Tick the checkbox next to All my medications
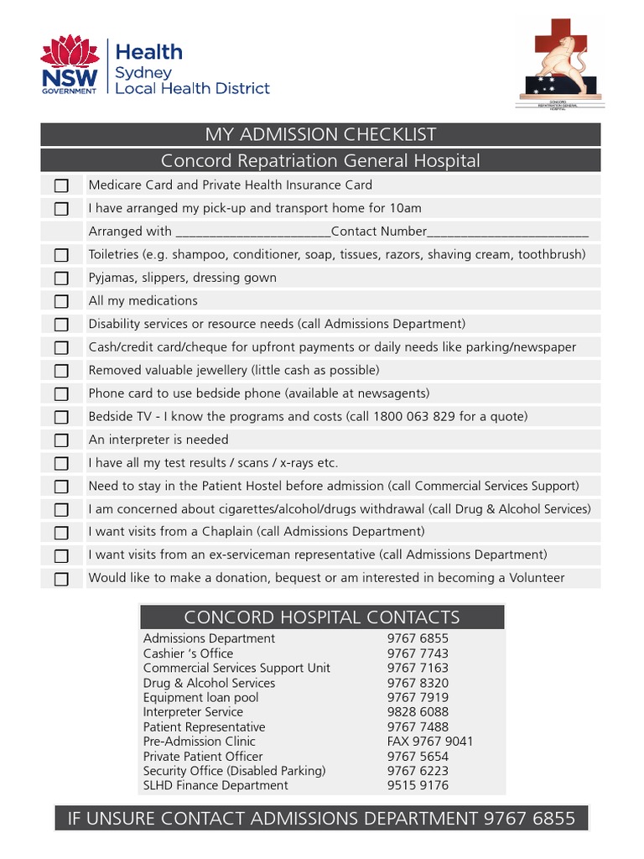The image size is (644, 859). click(x=61, y=301)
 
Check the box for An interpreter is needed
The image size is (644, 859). click(x=61, y=440)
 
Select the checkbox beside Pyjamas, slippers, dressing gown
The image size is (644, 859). click(x=61, y=279)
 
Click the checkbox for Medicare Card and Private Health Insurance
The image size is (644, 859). click(x=61, y=185)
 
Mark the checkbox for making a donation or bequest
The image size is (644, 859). click(x=61, y=579)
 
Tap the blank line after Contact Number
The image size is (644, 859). click(x=508, y=232)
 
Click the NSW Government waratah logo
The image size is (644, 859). click(x=70, y=65)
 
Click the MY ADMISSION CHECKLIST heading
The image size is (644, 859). click(x=320, y=134)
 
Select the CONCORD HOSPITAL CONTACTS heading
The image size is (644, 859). click(x=321, y=617)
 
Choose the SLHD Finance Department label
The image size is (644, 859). click(x=216, y=785)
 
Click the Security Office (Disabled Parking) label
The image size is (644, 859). click(x=234, y=771)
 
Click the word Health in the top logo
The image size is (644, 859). click(x=148, y=52)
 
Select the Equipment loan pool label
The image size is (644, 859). click(x=200, y=697)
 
